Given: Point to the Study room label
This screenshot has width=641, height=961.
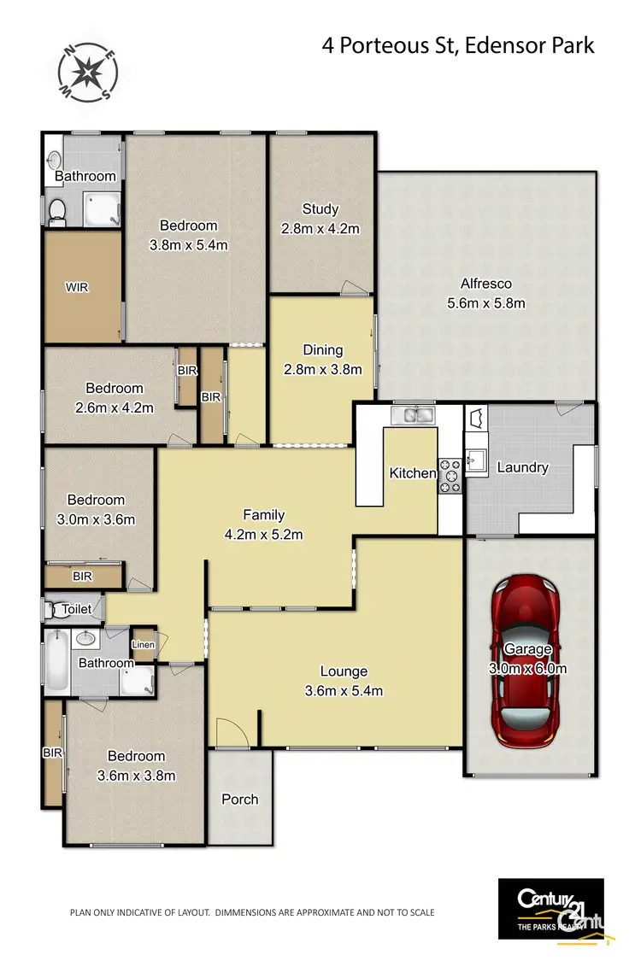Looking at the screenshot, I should tap(320, 209).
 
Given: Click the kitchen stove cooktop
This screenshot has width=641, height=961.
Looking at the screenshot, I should tap(450, 476).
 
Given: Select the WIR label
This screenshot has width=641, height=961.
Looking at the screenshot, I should tap(77, 288).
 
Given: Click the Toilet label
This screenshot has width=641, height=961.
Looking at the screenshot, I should tap(76, 610).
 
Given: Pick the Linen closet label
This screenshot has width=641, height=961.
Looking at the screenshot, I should tap(143, 645).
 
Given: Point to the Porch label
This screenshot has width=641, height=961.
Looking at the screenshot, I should tap(240, 799).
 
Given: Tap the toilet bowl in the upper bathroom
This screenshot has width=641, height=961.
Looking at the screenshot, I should tap(57, 209).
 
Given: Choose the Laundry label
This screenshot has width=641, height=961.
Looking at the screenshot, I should tap(521, 467).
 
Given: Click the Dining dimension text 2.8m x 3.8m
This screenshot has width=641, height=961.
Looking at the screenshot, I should tap(322, 370).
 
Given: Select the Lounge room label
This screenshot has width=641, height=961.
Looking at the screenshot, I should tap(344, 671).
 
